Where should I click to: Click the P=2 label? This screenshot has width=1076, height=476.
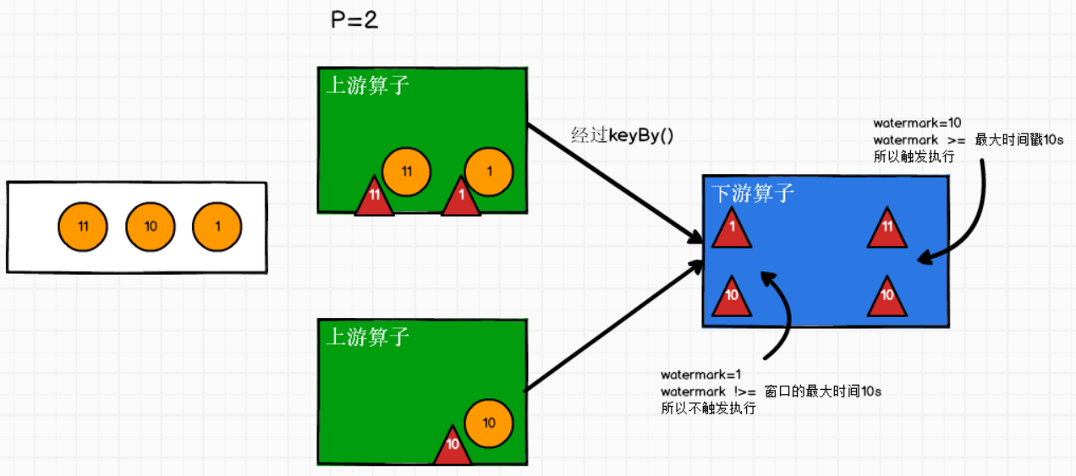click(354, 21)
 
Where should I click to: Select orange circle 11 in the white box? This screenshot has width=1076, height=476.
click(83, 227)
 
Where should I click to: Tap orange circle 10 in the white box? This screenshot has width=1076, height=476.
click(151, 227)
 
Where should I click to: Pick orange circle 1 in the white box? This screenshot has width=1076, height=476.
click(217, 227)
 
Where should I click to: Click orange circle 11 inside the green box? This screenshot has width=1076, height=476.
click(406, 172)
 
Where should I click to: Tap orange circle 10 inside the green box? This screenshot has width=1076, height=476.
click(489, 422)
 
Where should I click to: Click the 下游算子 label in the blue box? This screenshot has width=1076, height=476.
click(753, 194)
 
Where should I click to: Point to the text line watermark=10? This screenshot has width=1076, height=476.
click(917, 123)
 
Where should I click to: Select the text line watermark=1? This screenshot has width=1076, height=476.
click(700, 375)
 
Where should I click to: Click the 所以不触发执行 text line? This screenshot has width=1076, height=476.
click(708, 408)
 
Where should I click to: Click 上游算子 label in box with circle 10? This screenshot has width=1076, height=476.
click(367, 337)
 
